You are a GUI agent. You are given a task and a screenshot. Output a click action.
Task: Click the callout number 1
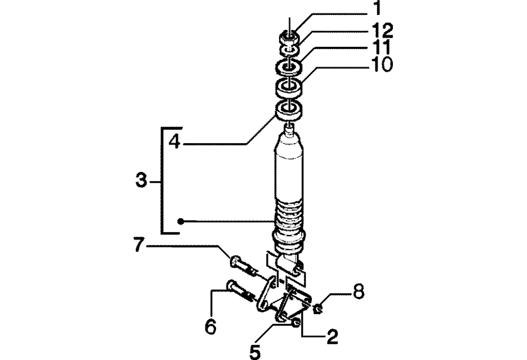(378, 8)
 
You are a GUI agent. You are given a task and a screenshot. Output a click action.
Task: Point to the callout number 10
(382, 64)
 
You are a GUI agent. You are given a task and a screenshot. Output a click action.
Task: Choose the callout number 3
(141, 181)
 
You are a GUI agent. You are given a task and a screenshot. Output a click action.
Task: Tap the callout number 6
(211, 326)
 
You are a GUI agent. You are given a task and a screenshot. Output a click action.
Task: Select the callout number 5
(255, 351)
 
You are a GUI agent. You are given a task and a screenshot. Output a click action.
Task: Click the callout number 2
(332, 337)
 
